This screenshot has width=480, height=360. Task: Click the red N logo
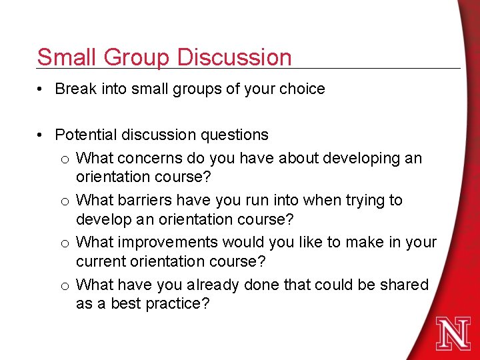[453, 333]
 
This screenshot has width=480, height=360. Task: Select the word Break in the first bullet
[75, 89]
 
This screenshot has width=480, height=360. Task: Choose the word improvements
[165, 242]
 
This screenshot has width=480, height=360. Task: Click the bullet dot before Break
[42, 89]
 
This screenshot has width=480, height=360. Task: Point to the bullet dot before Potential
[42, 135]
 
